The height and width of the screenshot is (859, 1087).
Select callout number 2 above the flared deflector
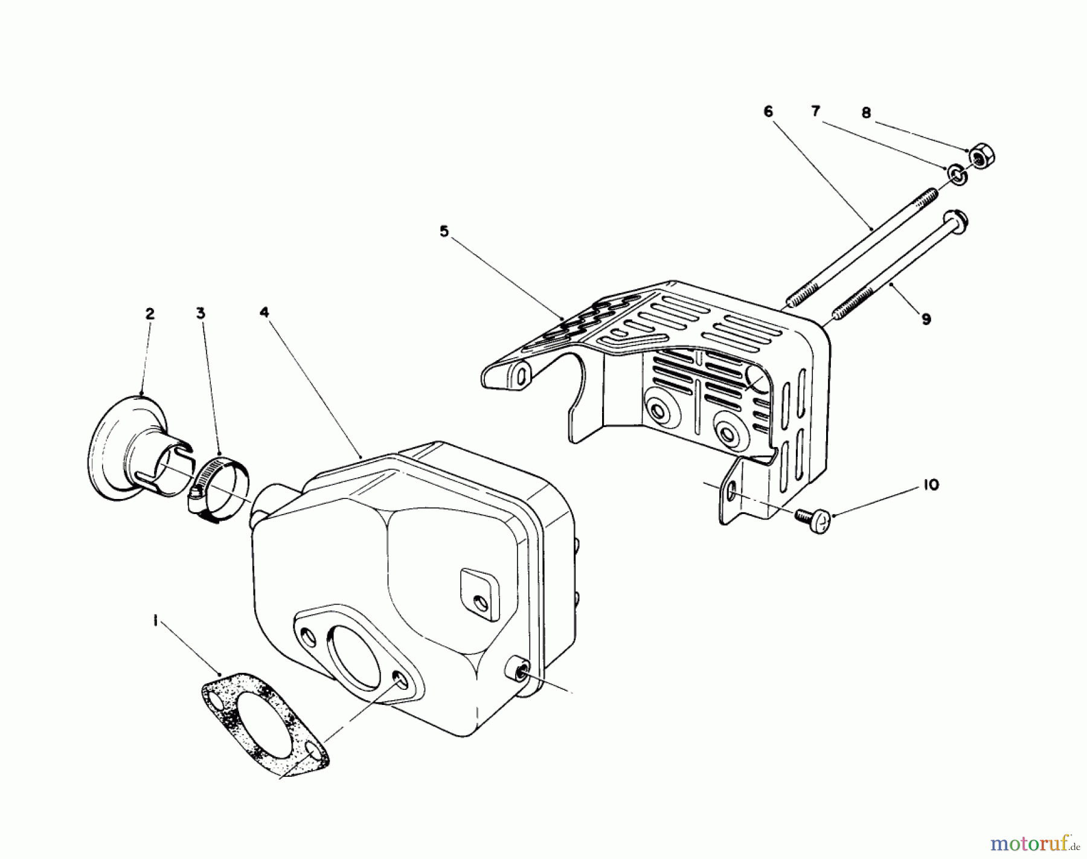click(150, 314)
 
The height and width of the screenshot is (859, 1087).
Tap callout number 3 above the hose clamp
click(200, 313)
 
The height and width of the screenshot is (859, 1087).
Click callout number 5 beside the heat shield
click(444, 231)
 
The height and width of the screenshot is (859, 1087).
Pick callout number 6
click(768, 111)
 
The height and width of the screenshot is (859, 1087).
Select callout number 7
click(815, 111)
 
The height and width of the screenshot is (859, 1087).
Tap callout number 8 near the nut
click(866, 112)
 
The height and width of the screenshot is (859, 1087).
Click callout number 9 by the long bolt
click(926, 320)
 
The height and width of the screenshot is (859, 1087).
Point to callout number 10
click(931, 484)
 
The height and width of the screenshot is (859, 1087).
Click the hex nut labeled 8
click(981, 156)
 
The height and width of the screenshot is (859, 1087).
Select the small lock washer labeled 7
click(957, 175)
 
